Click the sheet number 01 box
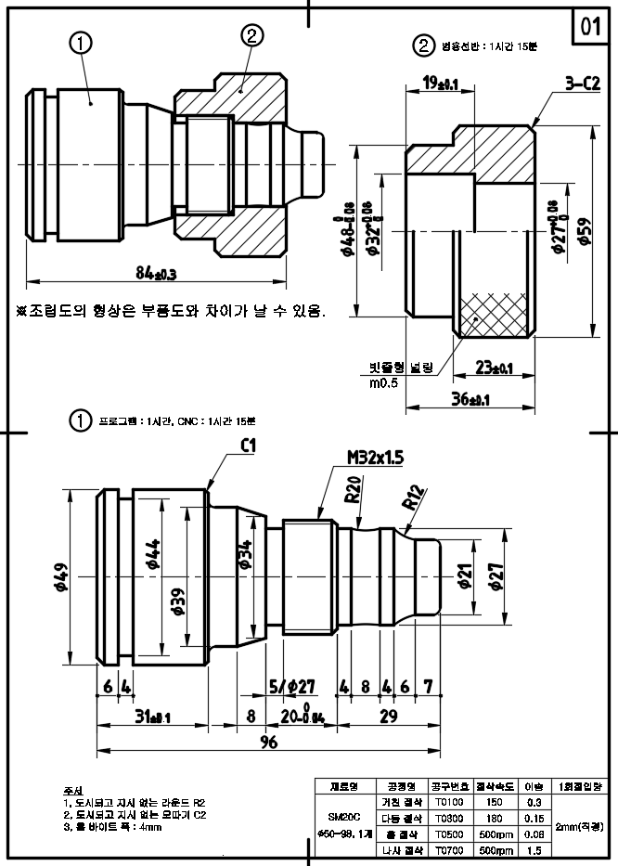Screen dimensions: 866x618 pyautogui.click(x=591, y=27)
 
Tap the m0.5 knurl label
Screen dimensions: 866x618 pyautogui.click(x=383, y=382)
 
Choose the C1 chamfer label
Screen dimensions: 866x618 pyautogui.click(x=248, y=446)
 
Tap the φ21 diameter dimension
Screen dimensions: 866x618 pyautogui.click(x=464, y=577)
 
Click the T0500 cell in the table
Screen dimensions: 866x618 pyautogui.click(x=448, y=833)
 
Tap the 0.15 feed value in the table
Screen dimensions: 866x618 pyautogui.click(x=534, y=818)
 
